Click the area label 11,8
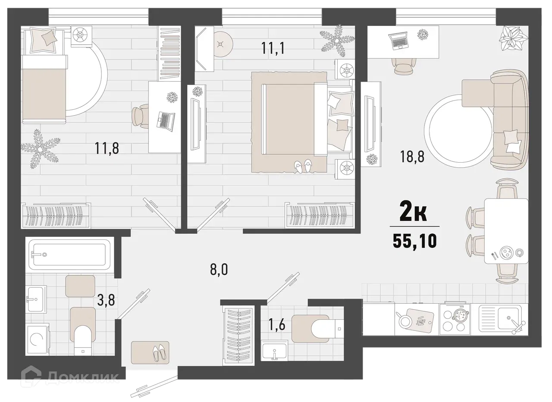107,149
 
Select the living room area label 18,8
413,156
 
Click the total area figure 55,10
414,241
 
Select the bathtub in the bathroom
69,255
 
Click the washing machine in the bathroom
38,339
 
